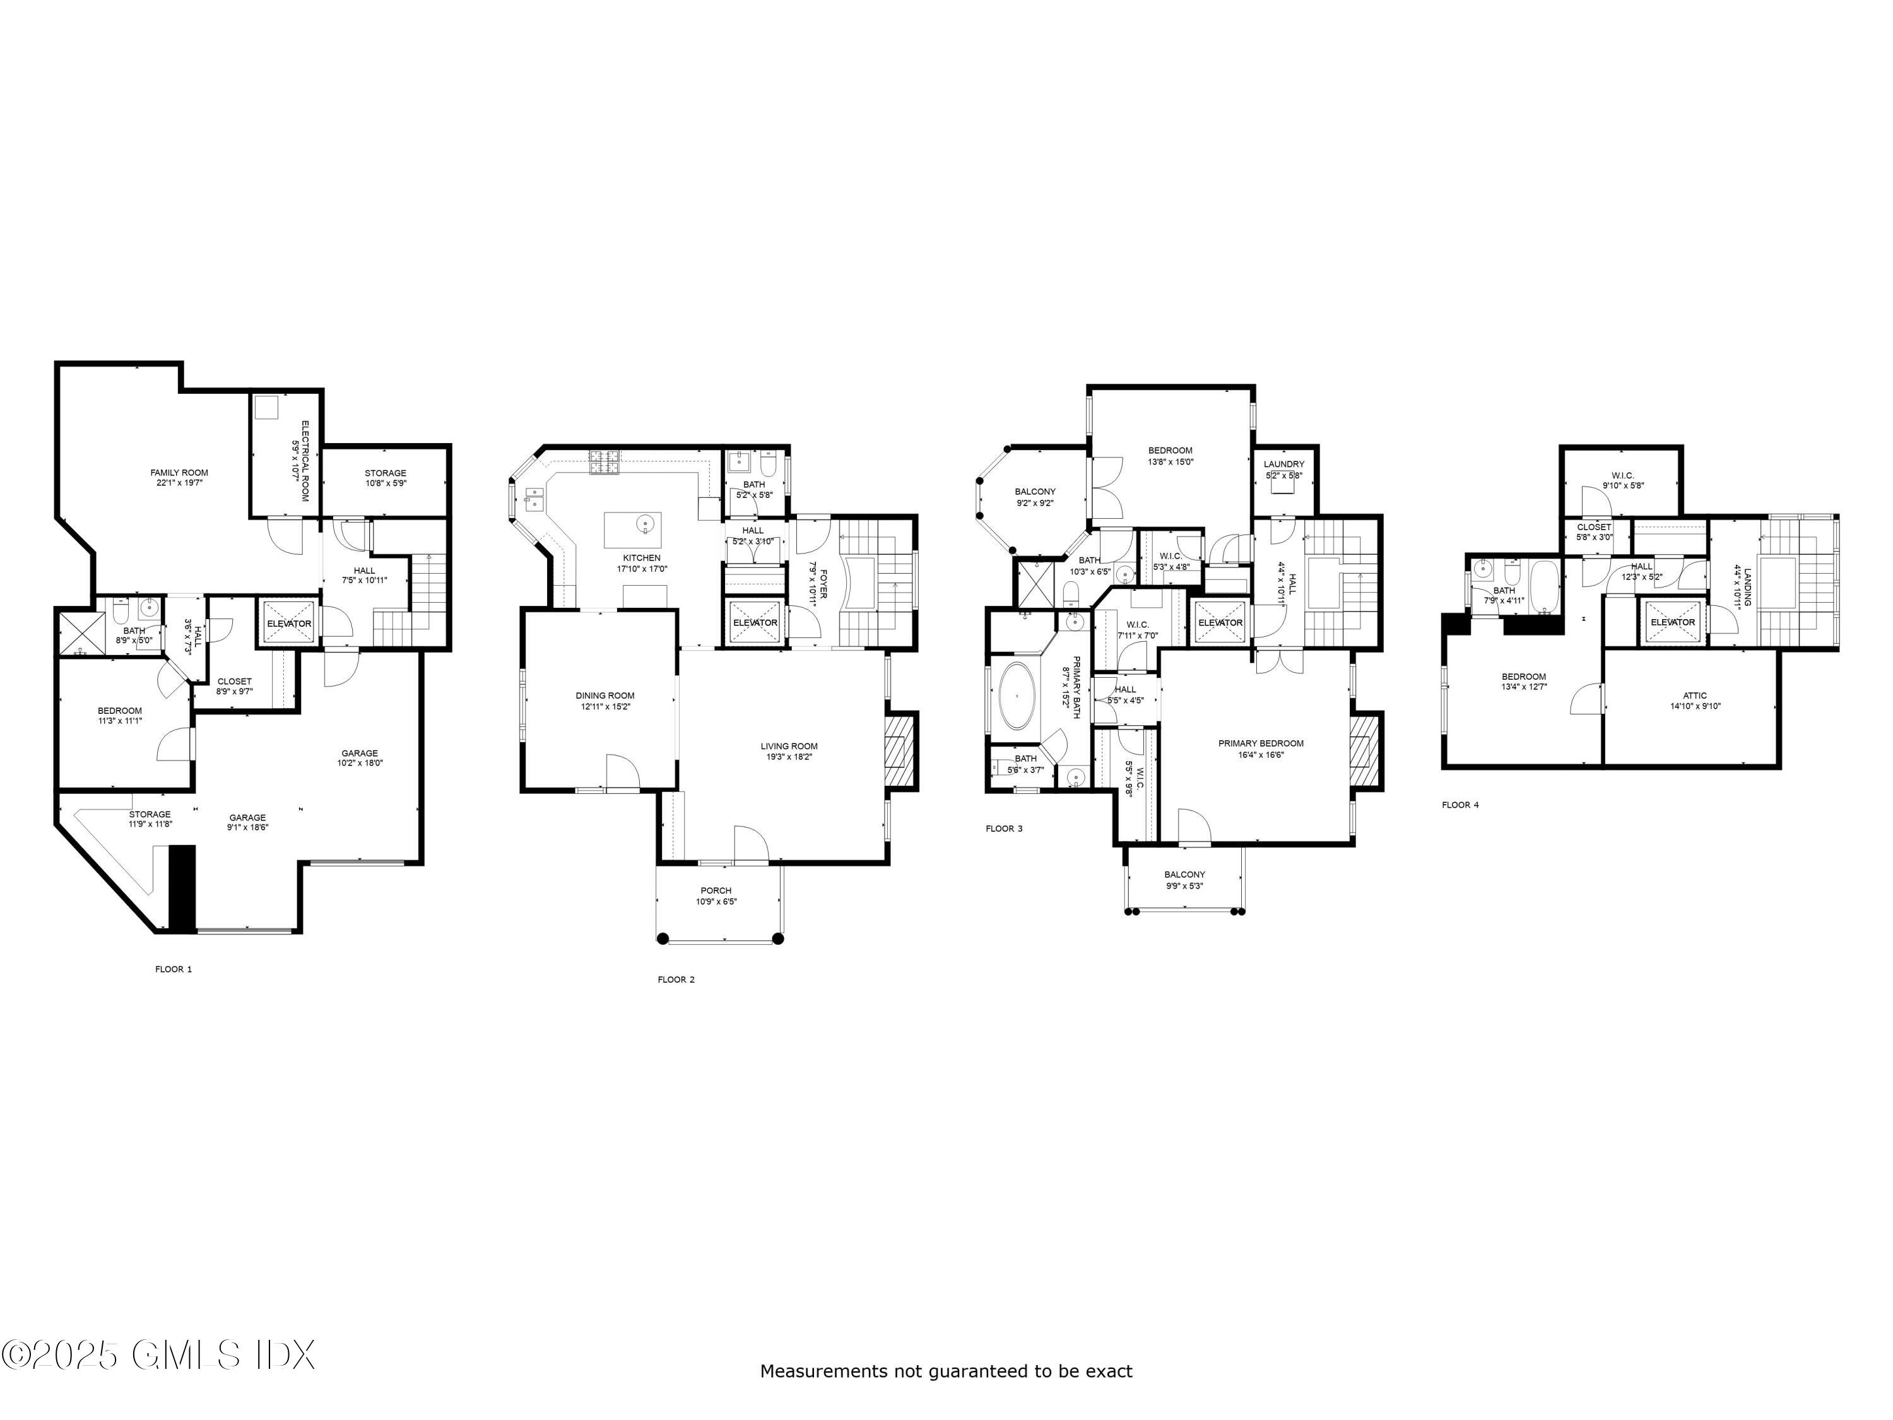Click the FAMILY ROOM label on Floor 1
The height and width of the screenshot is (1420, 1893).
click(179, 473)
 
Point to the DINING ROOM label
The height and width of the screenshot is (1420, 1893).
click(605, 696)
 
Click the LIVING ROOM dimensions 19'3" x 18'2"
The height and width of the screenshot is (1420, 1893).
click(789, 757)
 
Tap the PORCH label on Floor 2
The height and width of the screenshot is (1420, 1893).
click(716, 890)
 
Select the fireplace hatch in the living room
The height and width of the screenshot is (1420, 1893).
click(899, 749)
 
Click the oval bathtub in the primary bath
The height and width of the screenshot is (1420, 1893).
click(1016, 694)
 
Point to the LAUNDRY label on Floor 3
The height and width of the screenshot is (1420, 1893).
click(1283, 464)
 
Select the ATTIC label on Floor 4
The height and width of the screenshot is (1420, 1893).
click(1694, 696)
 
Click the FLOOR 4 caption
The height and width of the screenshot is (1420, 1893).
click(1460, 805)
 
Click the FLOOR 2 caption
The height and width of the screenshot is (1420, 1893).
click(676, 979)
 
